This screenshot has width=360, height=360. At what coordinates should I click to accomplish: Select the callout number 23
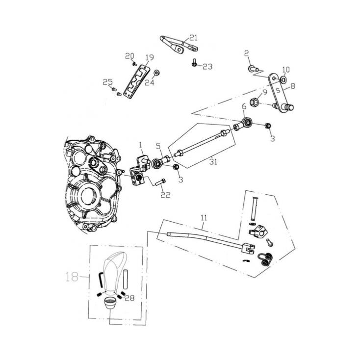point(207,67)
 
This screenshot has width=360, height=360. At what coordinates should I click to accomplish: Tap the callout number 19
point(149,57)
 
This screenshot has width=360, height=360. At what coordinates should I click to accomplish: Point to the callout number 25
point(107,82)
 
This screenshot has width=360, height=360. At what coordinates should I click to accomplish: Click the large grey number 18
point(72,277)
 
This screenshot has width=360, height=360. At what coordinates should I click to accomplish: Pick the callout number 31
point(212,160)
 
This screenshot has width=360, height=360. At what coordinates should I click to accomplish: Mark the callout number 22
point(165,195)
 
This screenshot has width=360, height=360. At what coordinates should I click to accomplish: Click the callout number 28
point(129,297)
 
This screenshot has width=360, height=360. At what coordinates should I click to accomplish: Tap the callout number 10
point(286,69)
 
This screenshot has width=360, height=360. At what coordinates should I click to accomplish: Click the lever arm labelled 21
point(179,43)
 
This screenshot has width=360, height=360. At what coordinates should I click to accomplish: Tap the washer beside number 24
point(156,73)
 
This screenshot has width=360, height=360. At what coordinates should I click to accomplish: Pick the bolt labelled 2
point(253,69)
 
